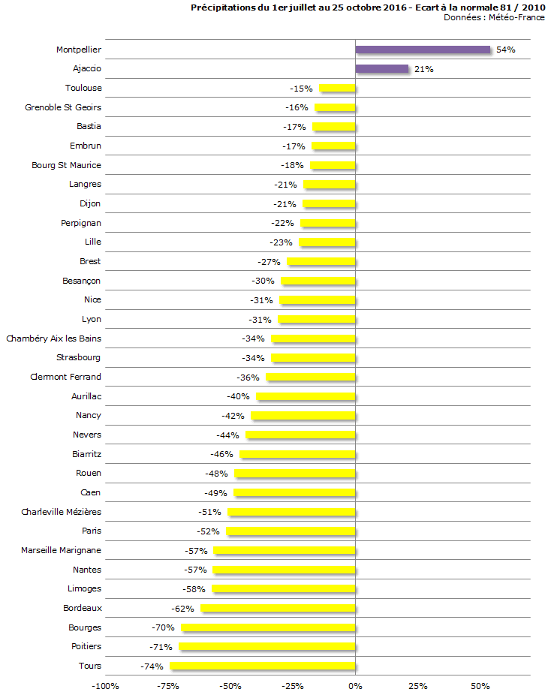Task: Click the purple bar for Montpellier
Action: click(423, 50)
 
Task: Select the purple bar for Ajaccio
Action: click(381, 69)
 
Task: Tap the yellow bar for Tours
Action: click(263, 666)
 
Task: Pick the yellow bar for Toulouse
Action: click(337, 89)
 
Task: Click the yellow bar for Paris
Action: click(291, 531)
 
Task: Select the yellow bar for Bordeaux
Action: click(278, 608)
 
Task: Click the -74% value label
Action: click(152, 666)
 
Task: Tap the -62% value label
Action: click(182, 609)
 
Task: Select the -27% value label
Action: click(269, 262)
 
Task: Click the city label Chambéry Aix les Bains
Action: click(53, 338)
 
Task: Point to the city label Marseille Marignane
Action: click(61, 550)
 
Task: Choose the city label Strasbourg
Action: click(78, 357)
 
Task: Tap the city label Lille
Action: click(93, 242)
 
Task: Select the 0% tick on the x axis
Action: click(355, 685)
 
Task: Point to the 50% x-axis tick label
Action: click(480, 685)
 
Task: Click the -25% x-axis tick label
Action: click(293, 685)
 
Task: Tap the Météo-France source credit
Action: click(516, 17)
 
